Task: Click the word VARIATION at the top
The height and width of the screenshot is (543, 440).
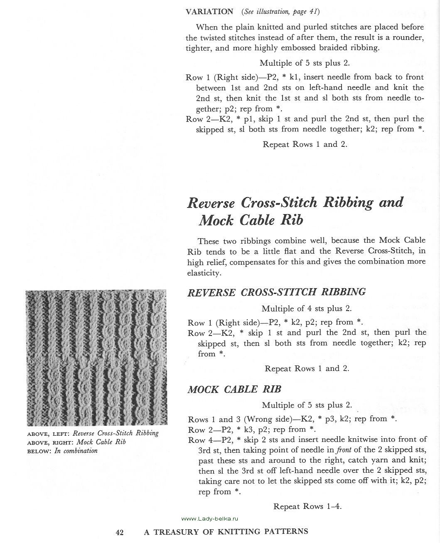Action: [209, 12]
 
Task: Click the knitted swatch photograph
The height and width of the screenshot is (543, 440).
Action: [96, 357]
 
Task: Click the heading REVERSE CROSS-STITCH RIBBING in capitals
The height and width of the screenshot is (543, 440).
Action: [276, 292]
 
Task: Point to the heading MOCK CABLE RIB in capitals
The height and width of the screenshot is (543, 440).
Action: [234, 390]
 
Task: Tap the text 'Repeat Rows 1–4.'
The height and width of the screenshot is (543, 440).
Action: [307, 506]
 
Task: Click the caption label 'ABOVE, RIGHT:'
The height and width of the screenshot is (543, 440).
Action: [50, 442]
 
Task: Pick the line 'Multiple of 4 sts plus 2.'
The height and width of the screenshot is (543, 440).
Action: [306, 309]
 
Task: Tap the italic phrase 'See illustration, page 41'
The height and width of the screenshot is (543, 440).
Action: [281, 12]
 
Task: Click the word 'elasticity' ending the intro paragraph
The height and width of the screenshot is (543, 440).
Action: [204, 273]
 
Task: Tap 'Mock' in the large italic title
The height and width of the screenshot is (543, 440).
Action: [216, 220]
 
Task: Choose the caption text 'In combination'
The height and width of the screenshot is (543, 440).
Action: [76, 451]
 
